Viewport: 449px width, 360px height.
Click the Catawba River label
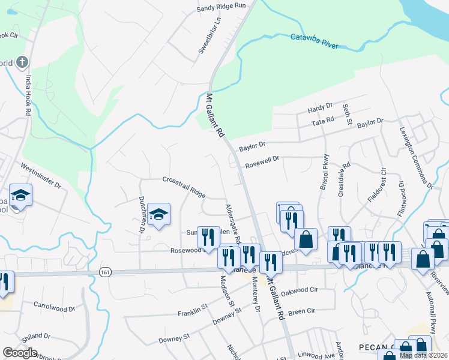315,41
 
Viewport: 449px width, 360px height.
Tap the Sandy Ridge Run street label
221,7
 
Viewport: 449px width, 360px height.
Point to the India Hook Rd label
28,95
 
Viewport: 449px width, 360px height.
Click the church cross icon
22,62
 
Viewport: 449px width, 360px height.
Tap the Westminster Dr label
41,175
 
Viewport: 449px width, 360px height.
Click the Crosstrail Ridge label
184,187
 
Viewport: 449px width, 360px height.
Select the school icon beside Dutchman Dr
158,214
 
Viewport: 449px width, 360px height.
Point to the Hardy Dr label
319,109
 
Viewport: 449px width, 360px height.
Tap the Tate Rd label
322,122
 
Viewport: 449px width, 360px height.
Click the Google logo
20,353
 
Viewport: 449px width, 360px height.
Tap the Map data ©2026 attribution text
423,355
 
